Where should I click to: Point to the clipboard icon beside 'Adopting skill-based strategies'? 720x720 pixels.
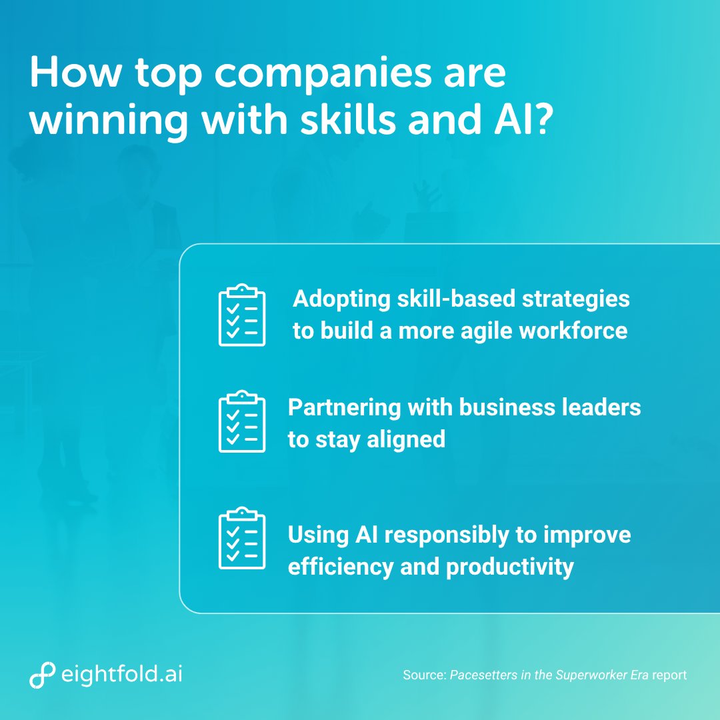[242, 315]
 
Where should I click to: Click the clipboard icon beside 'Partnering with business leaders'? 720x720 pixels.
[242, 421]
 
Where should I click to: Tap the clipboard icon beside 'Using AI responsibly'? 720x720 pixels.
[242, 538]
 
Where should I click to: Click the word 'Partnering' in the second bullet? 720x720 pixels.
[343, 408]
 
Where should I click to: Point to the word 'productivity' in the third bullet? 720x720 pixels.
[509, 567]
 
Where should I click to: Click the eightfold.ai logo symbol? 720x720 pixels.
[42, 675]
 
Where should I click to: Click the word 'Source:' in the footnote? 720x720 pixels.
[424, 675]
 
